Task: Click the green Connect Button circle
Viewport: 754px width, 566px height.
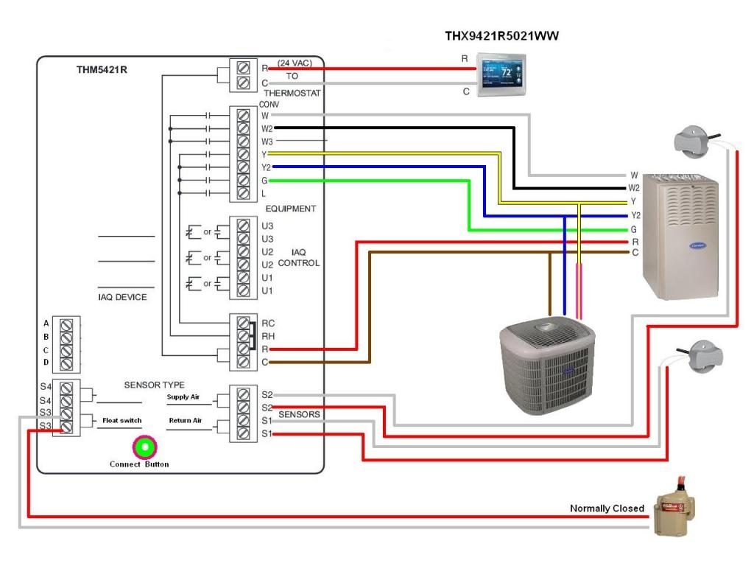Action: point(144,447)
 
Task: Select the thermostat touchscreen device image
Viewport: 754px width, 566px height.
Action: point(502,75)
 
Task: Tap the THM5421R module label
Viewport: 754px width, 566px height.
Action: point(100,71)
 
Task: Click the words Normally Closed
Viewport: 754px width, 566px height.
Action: point(607,509)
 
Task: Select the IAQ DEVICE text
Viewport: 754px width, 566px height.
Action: point(122,297)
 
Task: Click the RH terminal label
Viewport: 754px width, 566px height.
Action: point(267,336)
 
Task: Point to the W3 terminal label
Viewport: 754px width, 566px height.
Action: point(267,141)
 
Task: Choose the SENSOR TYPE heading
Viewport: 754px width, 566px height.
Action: point(154,385)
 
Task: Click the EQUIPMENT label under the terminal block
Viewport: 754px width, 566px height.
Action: point(290,209)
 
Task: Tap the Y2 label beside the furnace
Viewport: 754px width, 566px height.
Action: point(635,215)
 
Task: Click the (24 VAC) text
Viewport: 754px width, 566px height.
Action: point(295,63)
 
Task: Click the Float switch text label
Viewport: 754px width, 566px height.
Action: point(121,420)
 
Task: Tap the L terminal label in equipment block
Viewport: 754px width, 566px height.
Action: point(264,194)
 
